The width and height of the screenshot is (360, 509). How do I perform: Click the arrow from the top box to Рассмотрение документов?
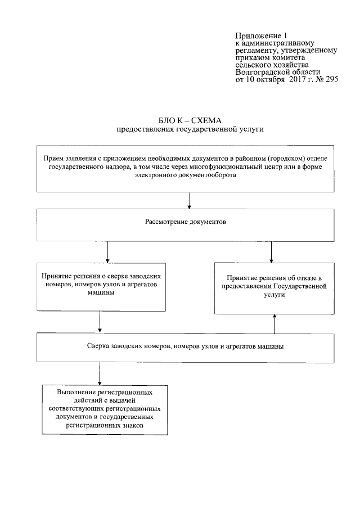[189, 200]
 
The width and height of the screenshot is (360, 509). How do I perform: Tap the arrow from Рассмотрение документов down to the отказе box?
[272, 252]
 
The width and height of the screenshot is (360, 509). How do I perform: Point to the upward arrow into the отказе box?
[274, 324]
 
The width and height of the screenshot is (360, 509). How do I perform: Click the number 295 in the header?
[331, 80]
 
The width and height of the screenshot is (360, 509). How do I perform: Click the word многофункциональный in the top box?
[228, 167]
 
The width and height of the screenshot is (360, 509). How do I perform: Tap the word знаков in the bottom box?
[133, 426]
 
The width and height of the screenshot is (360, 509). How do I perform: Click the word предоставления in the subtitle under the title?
[142, 129]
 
